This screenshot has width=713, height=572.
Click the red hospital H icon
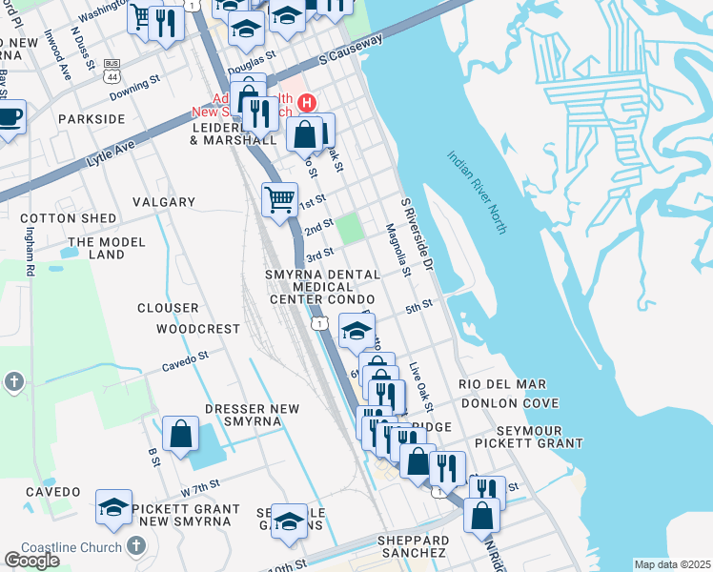point(307,102)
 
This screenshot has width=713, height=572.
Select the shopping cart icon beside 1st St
point(279,200)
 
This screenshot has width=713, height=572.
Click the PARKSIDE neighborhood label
point(92,119)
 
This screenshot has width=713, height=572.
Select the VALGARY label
point(164,202)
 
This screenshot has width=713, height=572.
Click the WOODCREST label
point(199,329)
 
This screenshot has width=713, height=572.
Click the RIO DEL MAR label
point(502,384)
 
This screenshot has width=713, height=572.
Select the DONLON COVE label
point(509,403)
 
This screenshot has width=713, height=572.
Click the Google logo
point(31,560)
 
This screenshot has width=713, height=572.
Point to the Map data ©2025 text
point(672,564)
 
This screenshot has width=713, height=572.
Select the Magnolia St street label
point(397,250)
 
